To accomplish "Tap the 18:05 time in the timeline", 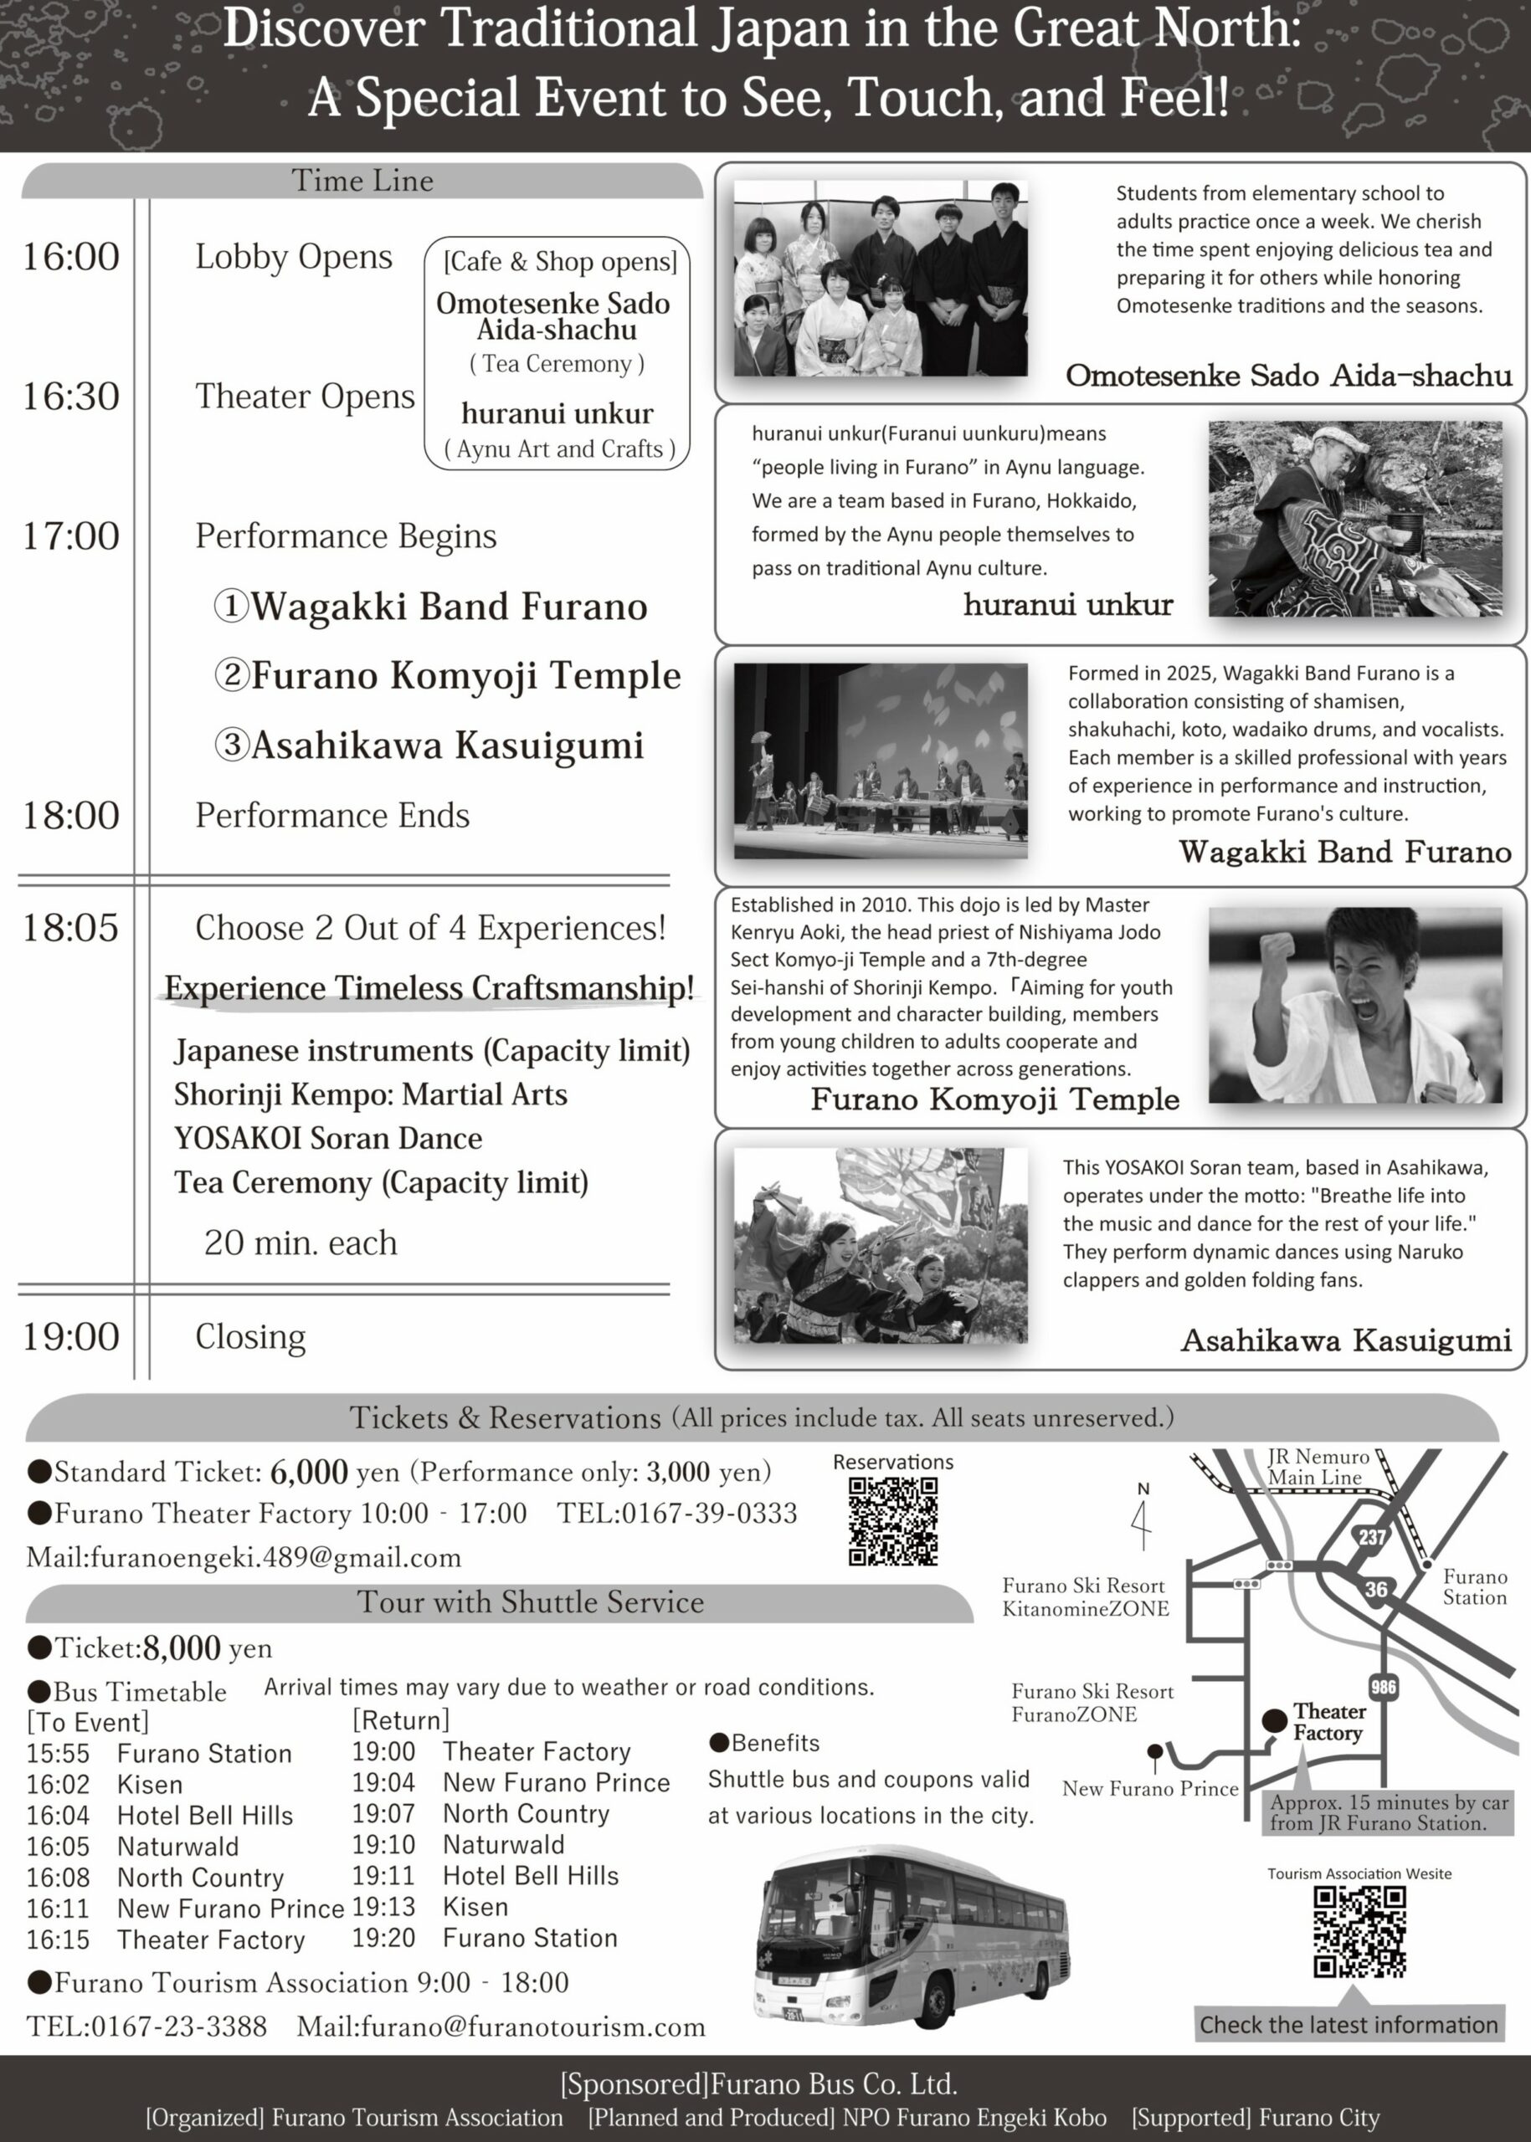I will (x=70, y=928).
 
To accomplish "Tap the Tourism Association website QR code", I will (x=1359, y=1931).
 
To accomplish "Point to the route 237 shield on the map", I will (x=1372, y=1537).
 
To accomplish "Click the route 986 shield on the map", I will (x=1383, y=1687).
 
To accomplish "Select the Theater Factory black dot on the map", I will (x=1275, y=1721).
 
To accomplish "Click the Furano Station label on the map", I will (x=1474, y=1587).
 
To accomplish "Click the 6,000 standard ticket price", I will (x=308, y=1472).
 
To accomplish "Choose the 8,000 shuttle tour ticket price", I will (x=182, y=1648).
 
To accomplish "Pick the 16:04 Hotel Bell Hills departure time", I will (x=58, y=1816).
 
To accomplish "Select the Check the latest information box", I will (x=1349, y=2024).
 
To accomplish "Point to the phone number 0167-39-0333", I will (x=677, y=1514).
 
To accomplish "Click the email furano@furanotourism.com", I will (x=501, y=2027).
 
